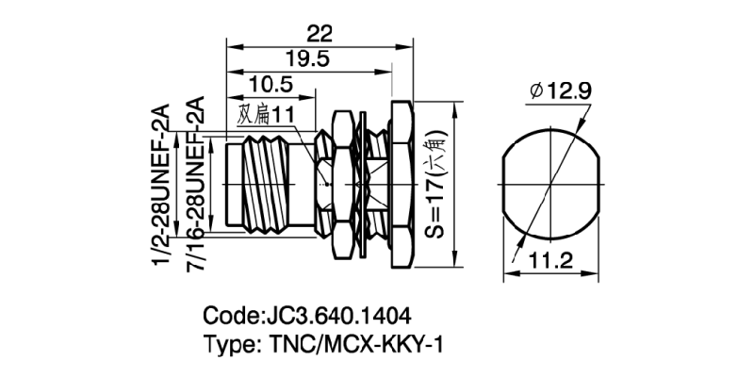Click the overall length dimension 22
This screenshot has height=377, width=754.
pyautogui.click(x=320, y=34)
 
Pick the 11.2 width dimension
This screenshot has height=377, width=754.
pyautogui.click(x=552, y=262)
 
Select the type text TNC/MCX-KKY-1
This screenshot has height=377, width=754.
pyautogui.click(x=350, y=344)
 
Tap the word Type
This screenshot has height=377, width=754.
pyautogui.click(x=228, y=344)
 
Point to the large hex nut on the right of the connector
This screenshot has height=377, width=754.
pyautogui.click(x=397, y=184)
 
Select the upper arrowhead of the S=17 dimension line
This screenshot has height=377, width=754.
pyautogui.click(x=424, y=107)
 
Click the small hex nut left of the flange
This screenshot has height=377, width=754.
pyautogui.click(x=325, y=184)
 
